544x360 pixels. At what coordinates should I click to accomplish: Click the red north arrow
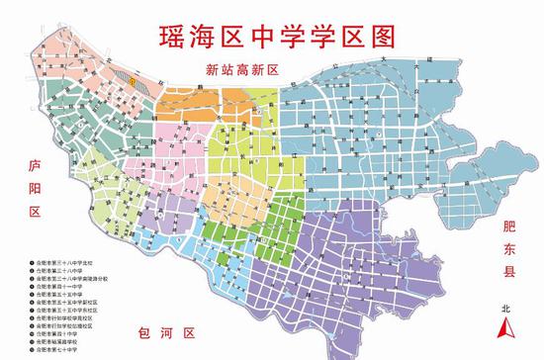click(507, 331)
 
